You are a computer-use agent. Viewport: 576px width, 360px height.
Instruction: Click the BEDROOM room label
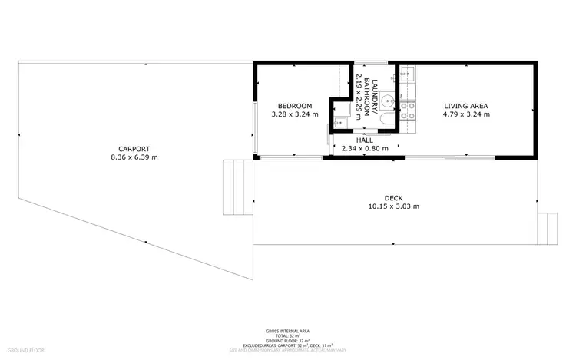point(294,105)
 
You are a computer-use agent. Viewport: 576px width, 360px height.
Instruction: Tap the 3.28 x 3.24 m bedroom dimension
point(294,114)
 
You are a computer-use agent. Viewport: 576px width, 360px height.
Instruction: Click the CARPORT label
point(134,149)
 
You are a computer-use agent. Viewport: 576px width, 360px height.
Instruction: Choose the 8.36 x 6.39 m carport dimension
point(134,158)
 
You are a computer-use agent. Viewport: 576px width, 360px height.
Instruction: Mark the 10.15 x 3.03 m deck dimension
point(393,206)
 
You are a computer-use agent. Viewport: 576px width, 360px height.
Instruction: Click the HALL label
point(365,140)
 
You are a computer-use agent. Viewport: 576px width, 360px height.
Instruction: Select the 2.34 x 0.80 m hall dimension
point(365,149)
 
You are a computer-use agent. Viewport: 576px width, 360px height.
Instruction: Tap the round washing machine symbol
point(389,99)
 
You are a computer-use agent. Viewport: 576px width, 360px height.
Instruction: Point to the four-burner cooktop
point(410,111)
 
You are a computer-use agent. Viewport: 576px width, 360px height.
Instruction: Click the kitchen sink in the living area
point(407,75)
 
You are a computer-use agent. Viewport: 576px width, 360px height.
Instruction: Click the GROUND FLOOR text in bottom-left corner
point(22,349)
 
